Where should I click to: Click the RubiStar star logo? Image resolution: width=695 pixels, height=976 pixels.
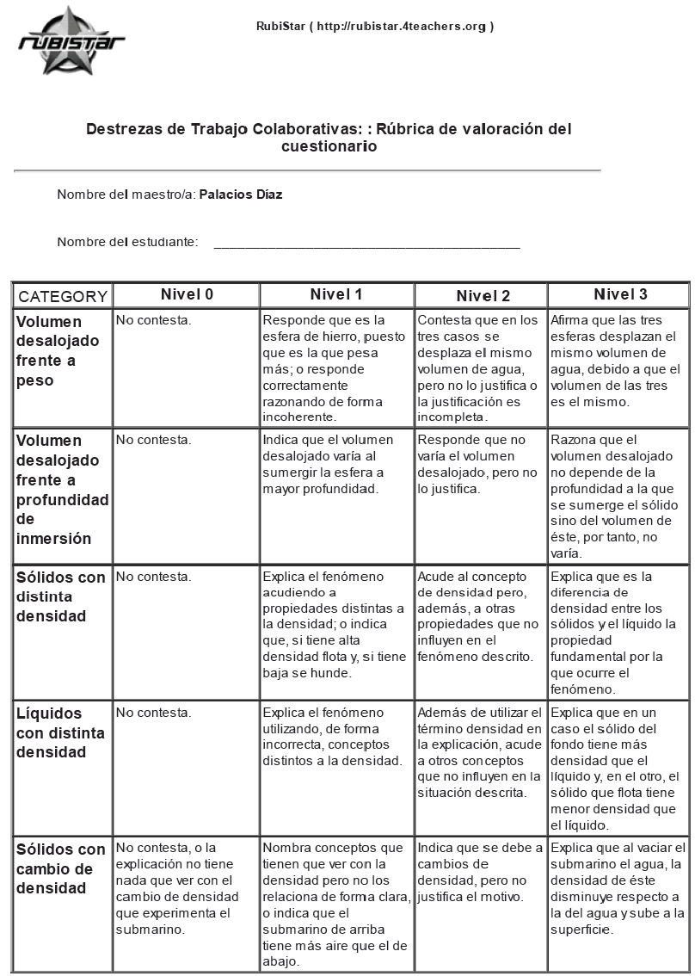click(71, 40)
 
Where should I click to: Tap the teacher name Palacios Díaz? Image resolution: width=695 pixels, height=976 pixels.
click(241, 195)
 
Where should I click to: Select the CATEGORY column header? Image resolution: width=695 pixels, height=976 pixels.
click(63, 297)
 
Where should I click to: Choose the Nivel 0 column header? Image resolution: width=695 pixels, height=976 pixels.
click(187, 294)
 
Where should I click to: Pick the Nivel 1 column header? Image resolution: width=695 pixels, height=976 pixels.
click(336, 294)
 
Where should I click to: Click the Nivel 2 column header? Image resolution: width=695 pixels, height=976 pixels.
click(483, 296)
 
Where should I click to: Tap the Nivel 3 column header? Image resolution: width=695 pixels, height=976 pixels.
click(620, 294)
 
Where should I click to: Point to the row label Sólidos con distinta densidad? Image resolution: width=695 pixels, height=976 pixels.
click(60, 596)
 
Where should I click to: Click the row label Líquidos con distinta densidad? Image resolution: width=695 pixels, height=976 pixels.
click(60, 732)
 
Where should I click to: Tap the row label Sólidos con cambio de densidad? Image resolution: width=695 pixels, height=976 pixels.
click(60, 868)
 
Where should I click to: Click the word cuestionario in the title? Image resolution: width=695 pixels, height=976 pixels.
click(329, 147)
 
